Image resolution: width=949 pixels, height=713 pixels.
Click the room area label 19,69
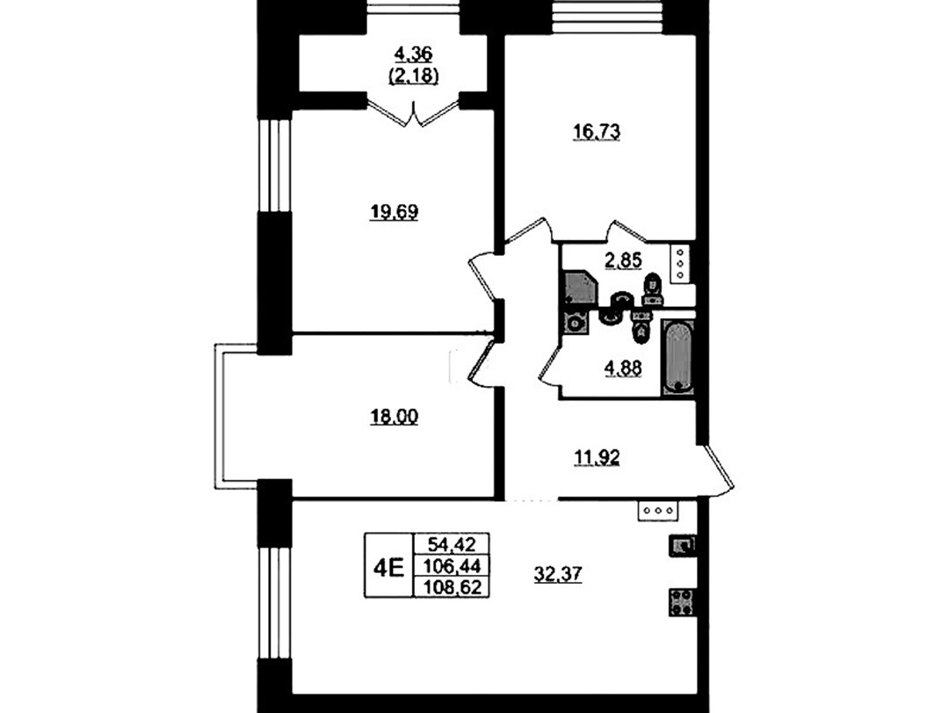coord(394,213)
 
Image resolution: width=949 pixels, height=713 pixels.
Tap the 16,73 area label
coord(596,132)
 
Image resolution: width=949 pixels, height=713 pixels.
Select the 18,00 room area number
coord(394,417)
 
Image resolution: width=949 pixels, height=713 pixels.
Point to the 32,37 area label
coord(557,574)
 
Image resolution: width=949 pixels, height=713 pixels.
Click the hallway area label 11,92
coord(596,457)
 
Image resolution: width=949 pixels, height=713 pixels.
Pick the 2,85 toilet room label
coord(623,260)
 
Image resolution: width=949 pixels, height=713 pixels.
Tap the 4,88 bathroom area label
coord(623,367)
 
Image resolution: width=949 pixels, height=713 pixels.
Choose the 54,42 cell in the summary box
coord(451,544)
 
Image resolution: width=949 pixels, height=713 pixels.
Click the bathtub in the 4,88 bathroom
coord(677,358)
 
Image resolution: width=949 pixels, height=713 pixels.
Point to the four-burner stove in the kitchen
coord(682,602)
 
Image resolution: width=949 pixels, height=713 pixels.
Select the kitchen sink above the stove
coord(682,545)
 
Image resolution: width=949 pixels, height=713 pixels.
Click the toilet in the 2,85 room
coord(652,290)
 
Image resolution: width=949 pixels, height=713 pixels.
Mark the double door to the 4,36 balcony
coord(413,114)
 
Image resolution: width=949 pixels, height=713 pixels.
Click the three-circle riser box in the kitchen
coord(658,511)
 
